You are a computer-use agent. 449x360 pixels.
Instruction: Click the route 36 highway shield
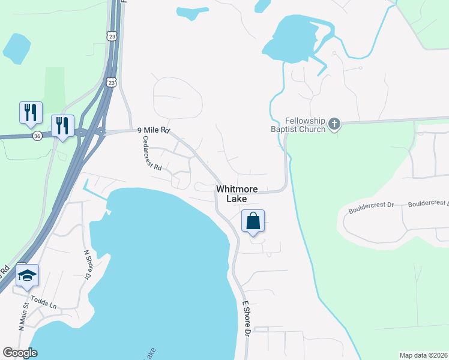pos(38,136)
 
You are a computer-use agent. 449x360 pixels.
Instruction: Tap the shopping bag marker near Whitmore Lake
pos(253,221)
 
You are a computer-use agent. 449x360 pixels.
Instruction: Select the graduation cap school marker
pos(27,275)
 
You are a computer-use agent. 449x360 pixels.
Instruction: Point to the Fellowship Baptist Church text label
pos(298,125)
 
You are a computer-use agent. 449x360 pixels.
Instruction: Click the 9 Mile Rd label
pos(154,130)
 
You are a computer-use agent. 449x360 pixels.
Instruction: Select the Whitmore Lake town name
pos(237,193)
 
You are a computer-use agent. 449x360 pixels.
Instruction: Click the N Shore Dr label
pos(86,265)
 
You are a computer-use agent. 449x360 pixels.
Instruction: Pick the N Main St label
pos(23,316)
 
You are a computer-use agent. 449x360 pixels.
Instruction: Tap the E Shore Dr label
pos(247,318)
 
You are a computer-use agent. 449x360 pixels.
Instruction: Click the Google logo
pos(20,353)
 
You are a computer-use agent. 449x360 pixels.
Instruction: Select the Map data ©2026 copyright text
pos(423,355)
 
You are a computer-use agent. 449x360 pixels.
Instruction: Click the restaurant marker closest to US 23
pos(62,127)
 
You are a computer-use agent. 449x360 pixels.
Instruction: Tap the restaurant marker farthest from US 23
pos(31,113)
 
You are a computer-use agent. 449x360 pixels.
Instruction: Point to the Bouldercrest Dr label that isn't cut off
pos(371,205)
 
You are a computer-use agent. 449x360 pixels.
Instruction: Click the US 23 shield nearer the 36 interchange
pos(111,82)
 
